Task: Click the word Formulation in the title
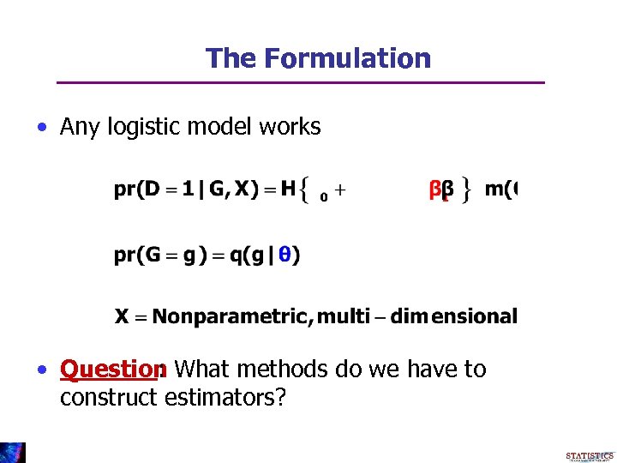click(x=347, y=58)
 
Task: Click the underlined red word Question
click(x=111, y=370)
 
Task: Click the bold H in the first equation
click(x=288, y=188)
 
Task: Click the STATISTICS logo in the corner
click(x=590, y=456)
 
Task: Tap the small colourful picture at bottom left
click(x=13, y=453)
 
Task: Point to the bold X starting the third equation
click(x=122, y=316)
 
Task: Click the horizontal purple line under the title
click(x=300, y=82)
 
